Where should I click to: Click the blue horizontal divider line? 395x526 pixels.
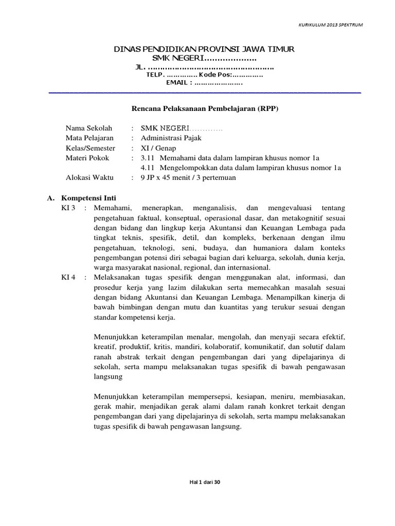click(x=204, y=93)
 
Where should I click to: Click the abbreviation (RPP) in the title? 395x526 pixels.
click(x=268, y=108)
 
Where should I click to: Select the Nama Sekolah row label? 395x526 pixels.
click(x=88, y=128)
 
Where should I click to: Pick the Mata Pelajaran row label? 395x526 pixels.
click(x=90, y=138)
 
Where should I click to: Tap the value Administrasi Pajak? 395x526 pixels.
click(x=171, y=138)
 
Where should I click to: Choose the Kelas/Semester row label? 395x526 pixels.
click(x=91, y=147)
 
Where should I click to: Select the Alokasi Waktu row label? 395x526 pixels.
click(x=89, y=178)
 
